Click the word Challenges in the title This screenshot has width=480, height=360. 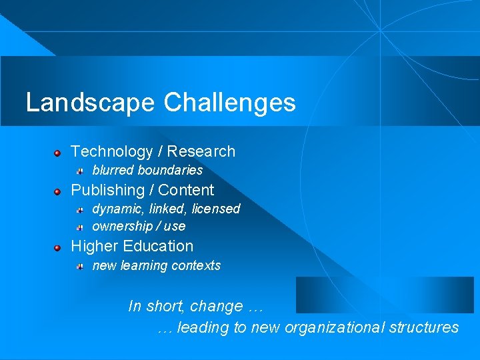click(x=229, y=103)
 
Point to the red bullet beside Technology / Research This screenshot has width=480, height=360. click(x=58, y=153)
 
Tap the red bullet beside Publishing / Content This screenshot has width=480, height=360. click(x=58, y=192)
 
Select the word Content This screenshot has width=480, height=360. click(x=186, y=190)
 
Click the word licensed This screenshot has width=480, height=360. click(x=215, y=209)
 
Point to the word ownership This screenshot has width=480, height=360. click(x=121, y=226)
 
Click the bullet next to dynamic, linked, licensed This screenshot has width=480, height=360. click(x=79, y=211)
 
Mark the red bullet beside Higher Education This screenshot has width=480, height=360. click(x=58, y=248)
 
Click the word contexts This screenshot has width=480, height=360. click(x=195, y=265)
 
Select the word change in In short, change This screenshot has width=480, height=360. click(x=216, y=307)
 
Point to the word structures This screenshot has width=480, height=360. click(x=424, y=327)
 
